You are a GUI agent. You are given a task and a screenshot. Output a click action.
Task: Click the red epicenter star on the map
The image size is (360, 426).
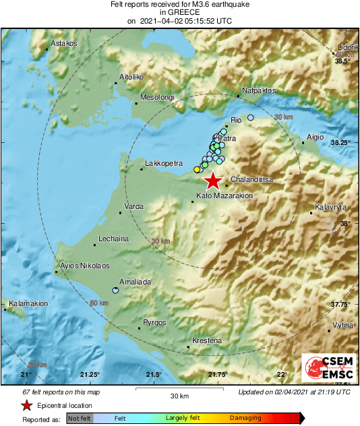coord(213,181)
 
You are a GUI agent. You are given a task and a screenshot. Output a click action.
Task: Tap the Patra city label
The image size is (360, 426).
coord(228,138)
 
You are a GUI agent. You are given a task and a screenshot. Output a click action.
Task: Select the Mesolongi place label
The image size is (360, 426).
coord(157,98)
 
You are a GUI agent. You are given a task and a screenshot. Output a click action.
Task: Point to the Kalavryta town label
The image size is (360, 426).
coord(330,207)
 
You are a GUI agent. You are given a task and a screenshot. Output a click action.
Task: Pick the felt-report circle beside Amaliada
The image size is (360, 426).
coord(115,291)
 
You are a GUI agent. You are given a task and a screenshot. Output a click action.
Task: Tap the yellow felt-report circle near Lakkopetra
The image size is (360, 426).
coord(197,169)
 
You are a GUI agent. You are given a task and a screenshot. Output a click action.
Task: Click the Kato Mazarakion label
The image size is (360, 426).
coord(224,195)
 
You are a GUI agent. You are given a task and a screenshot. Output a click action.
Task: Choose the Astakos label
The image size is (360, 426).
coord(65,43)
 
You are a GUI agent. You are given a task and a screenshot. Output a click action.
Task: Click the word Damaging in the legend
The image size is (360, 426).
coord(245,418)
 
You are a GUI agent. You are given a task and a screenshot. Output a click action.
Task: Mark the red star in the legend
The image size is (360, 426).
coord(26,405)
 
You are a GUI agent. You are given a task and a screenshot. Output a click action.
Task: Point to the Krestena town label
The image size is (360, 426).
coord(207,340)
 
